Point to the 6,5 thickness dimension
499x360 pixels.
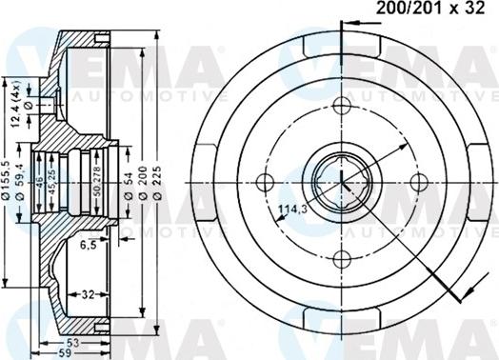click(89, 245)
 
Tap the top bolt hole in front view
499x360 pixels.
click(340, 105)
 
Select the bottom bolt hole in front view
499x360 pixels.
click(340, 257)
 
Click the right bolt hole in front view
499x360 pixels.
click(416, 181)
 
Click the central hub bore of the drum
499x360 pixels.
click(340, 181)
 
